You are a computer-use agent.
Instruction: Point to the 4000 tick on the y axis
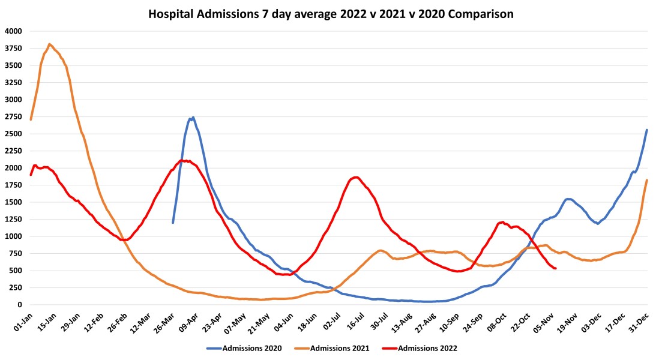tap(13, 31)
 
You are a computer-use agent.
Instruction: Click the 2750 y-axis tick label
tap(13, 117)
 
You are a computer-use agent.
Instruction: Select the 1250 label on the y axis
tap(13, 220)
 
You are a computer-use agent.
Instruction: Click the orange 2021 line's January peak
tap(49, 44)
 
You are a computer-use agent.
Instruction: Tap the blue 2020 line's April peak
tap(193, 118)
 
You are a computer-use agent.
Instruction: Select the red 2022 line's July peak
tap(356, 177)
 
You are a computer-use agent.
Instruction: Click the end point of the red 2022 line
tap(555, 268)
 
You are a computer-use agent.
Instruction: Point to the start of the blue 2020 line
tap(173, 223)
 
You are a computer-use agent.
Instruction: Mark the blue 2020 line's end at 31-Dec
tap(646, 130)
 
